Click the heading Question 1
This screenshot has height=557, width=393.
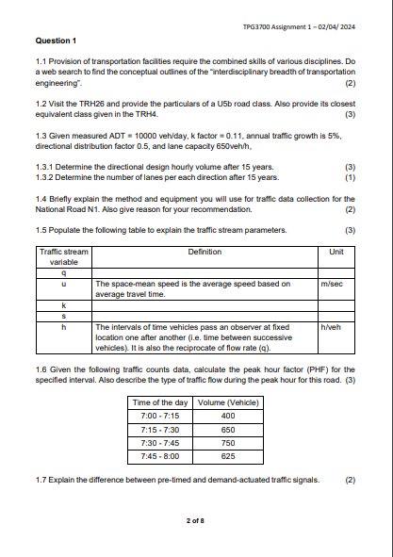pos(56,41)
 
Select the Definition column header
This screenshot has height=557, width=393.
pos(205,252)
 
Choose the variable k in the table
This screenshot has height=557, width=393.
pos(63,305)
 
